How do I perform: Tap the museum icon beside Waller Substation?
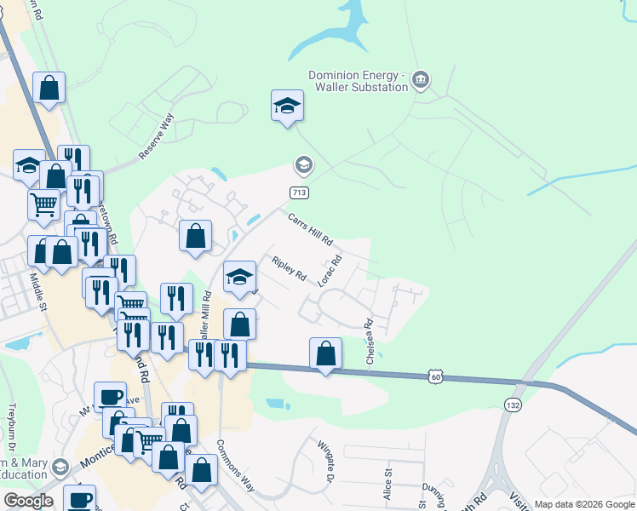click(x=420, y=81)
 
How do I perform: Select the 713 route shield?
click(x=299, y=192)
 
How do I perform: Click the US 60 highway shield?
click(x=435, y=375)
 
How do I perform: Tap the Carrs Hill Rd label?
click(x=308, y=228)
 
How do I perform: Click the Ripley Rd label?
click(x=289, y=268)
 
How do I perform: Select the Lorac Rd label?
click(x=330, y=270)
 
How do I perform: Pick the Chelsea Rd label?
click(x=370, y=342)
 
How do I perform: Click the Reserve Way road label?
click(x=157, y=135)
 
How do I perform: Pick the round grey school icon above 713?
click(x=302, y=164)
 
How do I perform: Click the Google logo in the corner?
click(x=28, y=501)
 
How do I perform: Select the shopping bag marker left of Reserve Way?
click(x=49, y=88)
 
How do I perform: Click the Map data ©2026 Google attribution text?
click(x=584, y=504)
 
